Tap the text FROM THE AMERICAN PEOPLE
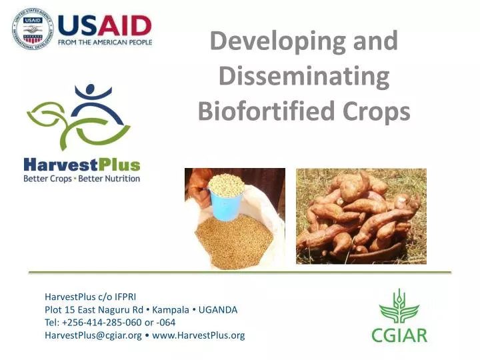click(x=105, y=43)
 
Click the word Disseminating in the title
click(x=304, y=77)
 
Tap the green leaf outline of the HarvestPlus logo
click(x=50, y=120)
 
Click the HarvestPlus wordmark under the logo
click(x=82, y=164)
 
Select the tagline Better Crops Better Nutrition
click(x=82, y=179)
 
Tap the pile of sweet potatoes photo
click(x=361, y=216)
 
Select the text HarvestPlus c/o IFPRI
click(x=91, y=297)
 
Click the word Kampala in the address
click(x=175, y=310)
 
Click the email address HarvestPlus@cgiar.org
click(x=93, y=335)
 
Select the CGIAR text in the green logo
click(x=399, y=334)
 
